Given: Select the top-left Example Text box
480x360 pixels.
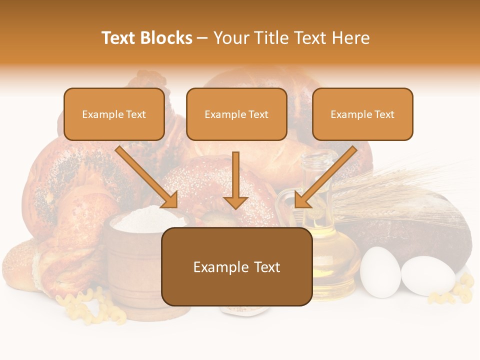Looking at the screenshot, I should click(114, 114).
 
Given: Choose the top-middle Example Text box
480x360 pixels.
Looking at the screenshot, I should click(236, 114).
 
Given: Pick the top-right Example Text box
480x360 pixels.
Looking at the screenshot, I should click(362, 114).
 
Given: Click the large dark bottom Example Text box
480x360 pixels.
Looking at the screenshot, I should click(236, 267).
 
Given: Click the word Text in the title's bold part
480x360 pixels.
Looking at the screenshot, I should click(120, 38).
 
